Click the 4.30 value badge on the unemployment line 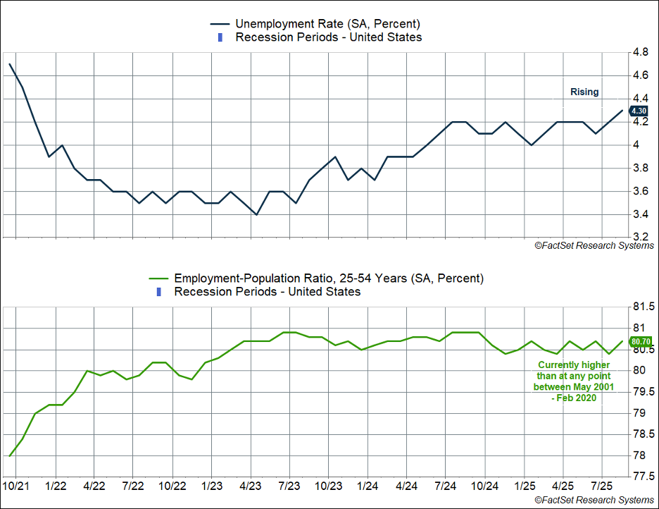(x=639, y=111)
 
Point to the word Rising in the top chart (x=584, y=92)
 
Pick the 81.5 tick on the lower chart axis (x=644, y=307)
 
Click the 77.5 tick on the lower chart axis (x=644, y=477)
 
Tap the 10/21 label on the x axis (x=15, y=486)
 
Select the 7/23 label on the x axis (x=289, y=486)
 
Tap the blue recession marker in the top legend (x=220, y=37)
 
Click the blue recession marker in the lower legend (x=158, y=292)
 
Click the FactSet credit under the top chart (x=594, y=245)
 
